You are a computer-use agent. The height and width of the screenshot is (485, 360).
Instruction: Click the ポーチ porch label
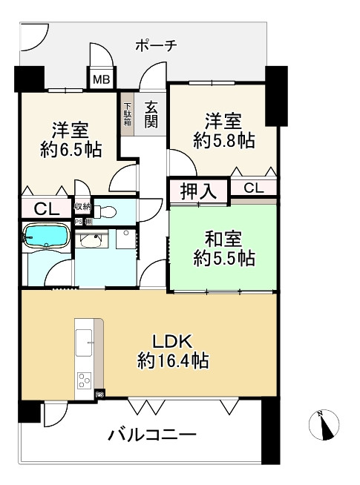click(157, 46)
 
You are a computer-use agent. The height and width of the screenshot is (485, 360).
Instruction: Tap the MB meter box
click(102, 79)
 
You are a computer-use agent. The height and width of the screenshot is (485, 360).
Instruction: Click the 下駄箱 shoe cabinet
click(127, 113)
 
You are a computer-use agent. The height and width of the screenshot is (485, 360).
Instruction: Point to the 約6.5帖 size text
click(71, 150)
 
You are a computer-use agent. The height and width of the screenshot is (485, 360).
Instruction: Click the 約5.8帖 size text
click(224, 141)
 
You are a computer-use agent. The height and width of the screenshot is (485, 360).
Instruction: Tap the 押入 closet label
click(198, 191)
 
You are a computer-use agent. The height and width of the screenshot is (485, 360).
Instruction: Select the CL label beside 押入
click(254, 188)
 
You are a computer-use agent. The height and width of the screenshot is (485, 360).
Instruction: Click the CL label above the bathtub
click(47, 209)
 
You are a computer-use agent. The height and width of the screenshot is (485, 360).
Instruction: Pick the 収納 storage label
click(82, 207)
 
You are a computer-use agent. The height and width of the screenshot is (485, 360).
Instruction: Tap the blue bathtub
click(46, 236)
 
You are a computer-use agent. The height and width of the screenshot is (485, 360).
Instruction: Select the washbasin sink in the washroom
click(91, 240)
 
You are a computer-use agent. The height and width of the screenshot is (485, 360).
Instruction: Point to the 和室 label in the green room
click(223, 239)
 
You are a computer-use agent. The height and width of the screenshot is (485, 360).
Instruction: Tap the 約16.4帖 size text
click(173, 360)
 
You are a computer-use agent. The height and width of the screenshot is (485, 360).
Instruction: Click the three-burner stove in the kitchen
click(84, 380)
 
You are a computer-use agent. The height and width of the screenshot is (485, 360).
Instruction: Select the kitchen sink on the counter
click(84, 343)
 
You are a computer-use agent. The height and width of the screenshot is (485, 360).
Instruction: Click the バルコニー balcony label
click(151, 435)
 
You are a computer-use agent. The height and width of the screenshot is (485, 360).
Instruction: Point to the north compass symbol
click(324, 424)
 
